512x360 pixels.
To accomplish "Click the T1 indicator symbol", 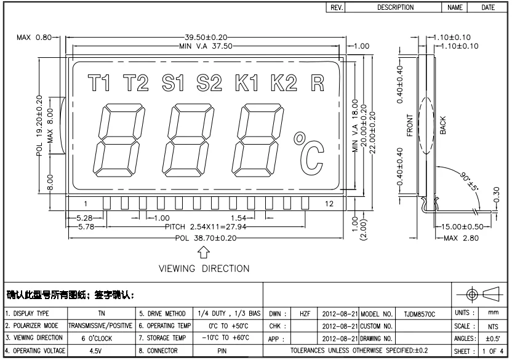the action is tap(98, 82).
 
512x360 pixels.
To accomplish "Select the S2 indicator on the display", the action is tap(209, 82).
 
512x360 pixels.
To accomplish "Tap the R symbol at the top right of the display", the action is tap(318, 83).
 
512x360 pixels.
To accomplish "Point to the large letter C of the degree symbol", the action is tap(312, 158).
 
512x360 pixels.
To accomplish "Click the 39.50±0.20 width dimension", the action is tap(206, 38).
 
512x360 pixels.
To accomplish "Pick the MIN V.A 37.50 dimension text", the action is tap(206, 46).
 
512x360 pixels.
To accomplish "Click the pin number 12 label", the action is tap(329, 204).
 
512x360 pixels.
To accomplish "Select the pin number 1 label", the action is tap(86, 204).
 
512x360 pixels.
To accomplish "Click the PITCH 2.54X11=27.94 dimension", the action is tap(206, 226).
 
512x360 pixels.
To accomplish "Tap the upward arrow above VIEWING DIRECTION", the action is tap(204, 253).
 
